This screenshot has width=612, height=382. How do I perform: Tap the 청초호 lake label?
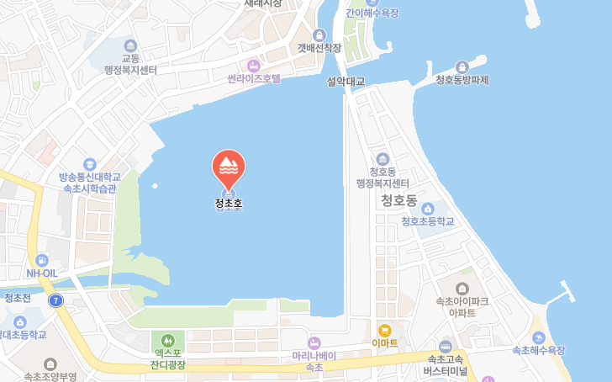point(228,203)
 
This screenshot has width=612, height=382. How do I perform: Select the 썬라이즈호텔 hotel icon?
point(254,65)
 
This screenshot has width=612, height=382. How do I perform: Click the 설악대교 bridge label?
point(346,82)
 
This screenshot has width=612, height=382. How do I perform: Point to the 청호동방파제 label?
point(462,80)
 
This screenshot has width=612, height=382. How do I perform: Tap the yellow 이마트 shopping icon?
point(385,330)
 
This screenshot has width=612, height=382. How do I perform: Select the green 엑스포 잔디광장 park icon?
point(168,340)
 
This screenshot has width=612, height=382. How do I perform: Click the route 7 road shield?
point(55,300)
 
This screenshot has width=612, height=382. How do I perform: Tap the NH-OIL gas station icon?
point(41,260)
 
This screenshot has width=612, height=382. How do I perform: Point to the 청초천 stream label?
point(17,298)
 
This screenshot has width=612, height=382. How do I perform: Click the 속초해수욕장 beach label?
point(539,349)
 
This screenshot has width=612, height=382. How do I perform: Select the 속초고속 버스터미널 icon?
point(446,346)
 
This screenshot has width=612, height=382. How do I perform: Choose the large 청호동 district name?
point(398,200)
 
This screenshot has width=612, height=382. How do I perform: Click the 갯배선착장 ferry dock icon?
point(319,34)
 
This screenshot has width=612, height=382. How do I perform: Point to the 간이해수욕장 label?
point(372,13)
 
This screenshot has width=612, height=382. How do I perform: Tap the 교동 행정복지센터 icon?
point(129,45)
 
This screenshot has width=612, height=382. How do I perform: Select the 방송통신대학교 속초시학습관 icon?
point(90,164)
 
